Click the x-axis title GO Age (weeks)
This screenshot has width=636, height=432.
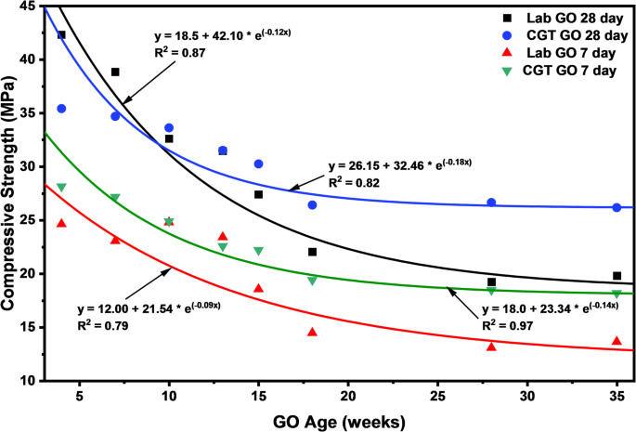pyautogui.click(x=341, y=422)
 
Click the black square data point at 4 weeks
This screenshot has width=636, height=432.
pyautogui.click(x=61, y=35)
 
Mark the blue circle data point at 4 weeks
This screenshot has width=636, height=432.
pyautogui.click(x=61, y=109)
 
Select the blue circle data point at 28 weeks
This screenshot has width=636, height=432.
pyautogui.click(x=491, y=203)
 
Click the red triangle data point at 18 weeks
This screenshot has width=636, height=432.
pyautogui.click(x=312, y=332)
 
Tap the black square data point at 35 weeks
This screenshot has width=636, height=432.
pyautogui.click(x=617, y=276)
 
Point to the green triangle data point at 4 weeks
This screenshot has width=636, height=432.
pyautogui.click(x=61, y=188)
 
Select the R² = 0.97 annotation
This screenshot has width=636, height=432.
pyautogui.click(x=505, y=325)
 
